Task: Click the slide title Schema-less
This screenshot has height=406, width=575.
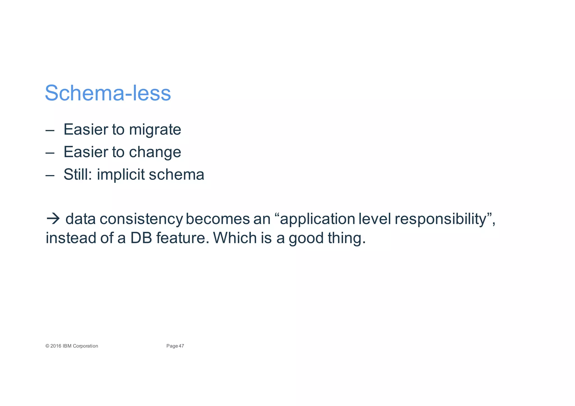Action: point(108,93)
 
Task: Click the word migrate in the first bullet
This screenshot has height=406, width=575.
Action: point(155,130)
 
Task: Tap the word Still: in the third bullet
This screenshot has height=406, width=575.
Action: point(77,174)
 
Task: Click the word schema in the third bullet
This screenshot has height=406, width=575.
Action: point(176,175)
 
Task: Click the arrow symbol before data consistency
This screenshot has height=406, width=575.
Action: point(53,219)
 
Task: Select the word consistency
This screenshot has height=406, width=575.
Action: point(141,219)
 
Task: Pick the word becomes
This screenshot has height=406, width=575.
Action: point(218,219)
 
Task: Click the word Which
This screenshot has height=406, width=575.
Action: point(235,238)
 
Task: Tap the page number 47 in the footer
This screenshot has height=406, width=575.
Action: point(181,346)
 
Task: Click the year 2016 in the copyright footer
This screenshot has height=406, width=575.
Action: point(56,346)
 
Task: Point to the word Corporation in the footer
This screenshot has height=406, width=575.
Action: point(85,346)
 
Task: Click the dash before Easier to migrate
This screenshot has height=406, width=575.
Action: point(50,131)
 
